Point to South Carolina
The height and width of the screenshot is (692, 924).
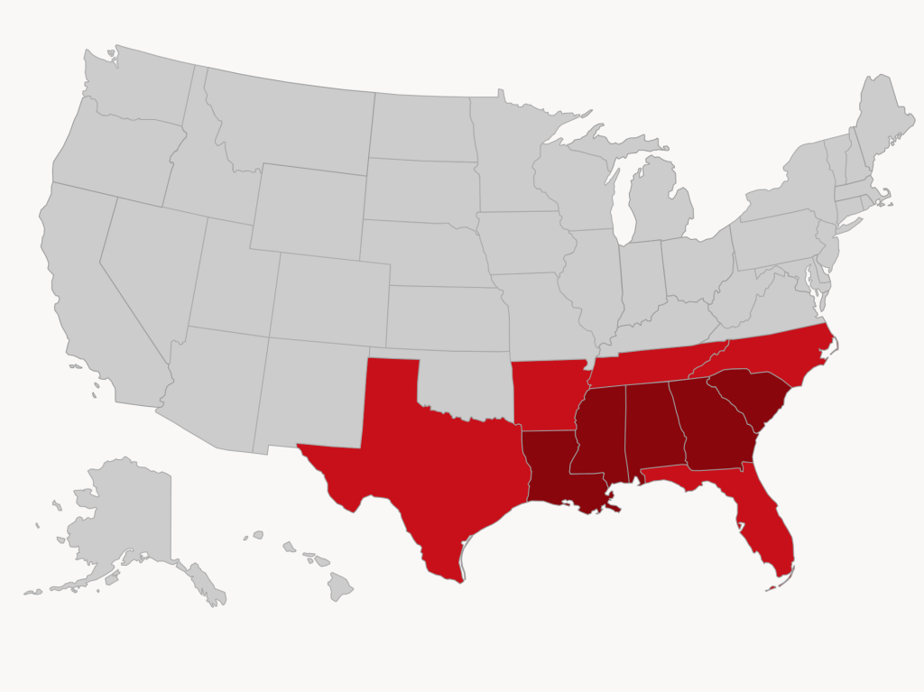(753, 397)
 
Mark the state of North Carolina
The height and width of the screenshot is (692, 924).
(776, 356)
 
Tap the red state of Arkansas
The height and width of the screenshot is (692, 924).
(546, 392)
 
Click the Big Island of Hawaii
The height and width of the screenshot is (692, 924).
(339, 586)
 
